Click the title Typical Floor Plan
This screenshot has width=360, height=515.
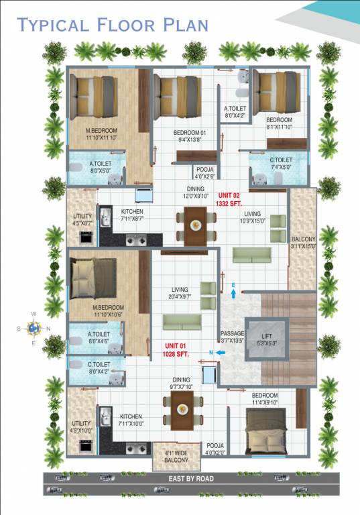tap(113, 25)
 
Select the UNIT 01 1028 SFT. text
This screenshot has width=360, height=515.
tap(177, 349)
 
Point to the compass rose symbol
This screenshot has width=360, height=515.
tap(34, 328)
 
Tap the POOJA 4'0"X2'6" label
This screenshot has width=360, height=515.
tap(204, 174)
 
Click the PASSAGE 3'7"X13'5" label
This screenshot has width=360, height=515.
tap(233, 337)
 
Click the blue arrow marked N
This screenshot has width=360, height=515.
tap(219, 353)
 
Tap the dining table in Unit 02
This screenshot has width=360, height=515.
tap(195, 224)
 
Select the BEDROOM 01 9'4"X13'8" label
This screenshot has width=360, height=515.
tap(189, 137)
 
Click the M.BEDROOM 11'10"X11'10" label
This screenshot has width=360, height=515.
tap(101, 133)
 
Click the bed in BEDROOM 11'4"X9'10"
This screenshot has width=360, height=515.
tap(267, 431)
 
